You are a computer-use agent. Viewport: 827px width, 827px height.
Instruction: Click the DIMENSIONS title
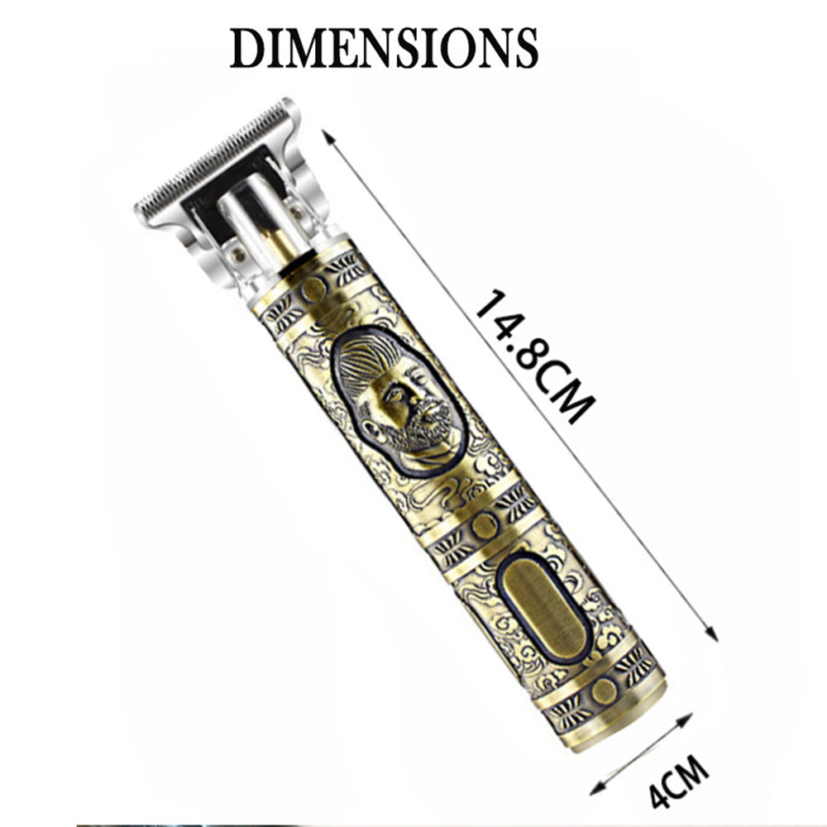(x=384, y=48)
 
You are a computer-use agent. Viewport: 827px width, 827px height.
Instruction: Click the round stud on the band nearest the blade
(x=313, y=289)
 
